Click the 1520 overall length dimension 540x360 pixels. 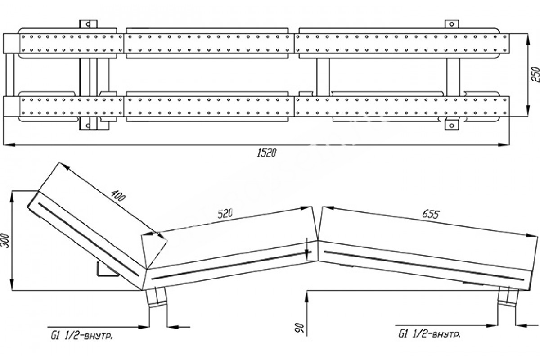click(x=266, y=153)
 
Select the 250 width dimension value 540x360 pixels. click(x=535, y=75)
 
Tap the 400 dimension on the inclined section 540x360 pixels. click(x=118, y=195)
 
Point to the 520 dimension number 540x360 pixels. click(x=225, y=213)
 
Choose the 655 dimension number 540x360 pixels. click(x=431, y=214)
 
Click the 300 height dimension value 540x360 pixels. click(x=5, y=241)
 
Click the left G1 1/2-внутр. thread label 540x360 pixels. click(x=81, y=336)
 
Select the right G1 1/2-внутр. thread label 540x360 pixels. click(x=429, y=334)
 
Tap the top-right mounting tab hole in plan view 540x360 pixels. click(x=452, y=24)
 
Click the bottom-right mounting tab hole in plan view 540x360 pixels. click(x=452, y=126)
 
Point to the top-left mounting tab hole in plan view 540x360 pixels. click(x=88, y=24)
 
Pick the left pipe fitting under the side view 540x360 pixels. click(x=157, y=299)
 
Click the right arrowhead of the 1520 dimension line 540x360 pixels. click(x=504, y=145)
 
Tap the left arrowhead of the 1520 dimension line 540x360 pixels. click(x=9, y=145)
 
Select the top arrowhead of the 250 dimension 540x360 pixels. click(x=528, y=39)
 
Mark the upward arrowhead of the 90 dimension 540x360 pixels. click(x=306, y=297)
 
